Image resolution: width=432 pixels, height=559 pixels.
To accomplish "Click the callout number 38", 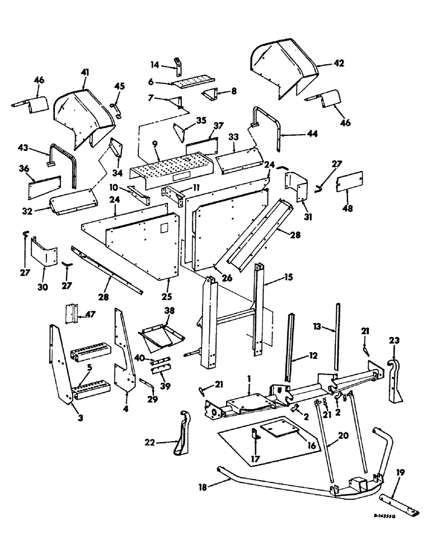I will tap(169, 310).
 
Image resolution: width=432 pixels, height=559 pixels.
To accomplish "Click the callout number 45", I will tap(120, 86).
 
